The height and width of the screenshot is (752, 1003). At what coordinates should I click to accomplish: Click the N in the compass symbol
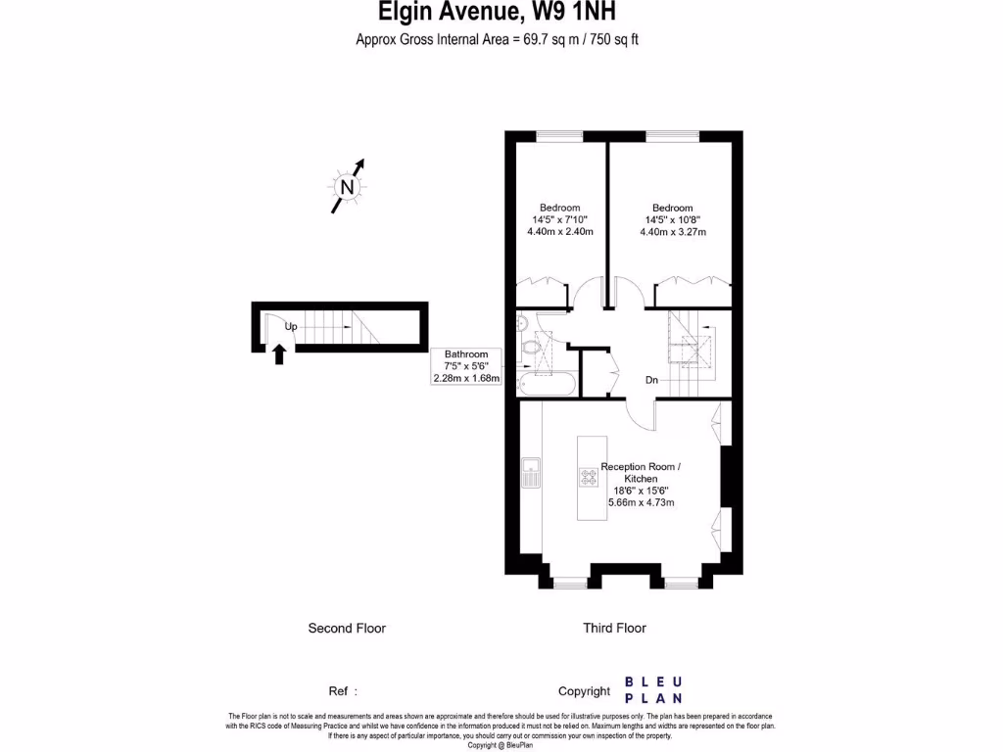click(x=346, y=187)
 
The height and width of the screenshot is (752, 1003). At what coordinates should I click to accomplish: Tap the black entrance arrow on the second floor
click(x=279, y=352)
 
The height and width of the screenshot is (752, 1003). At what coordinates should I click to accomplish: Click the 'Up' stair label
click(x=291, y=326)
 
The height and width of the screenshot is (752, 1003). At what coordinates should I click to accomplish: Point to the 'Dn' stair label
click(x=651, y=379)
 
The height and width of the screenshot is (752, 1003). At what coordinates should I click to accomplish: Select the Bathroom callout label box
click(x=466, y=366)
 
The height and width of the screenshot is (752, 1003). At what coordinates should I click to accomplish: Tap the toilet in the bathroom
click(x=534, y=346)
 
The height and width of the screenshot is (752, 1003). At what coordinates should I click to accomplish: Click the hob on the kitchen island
click(x=591, y=477)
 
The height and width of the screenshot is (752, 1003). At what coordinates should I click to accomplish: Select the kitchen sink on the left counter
click(x=530, y=472)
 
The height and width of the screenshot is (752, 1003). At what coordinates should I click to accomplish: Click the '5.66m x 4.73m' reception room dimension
click(x=641, y=502)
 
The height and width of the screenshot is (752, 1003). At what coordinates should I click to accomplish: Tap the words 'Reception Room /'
click(x=641, y=466)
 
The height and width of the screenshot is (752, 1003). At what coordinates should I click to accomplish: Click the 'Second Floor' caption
click(x=347, y=629)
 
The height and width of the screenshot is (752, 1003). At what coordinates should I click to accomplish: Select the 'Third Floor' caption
click(x=614, y=629)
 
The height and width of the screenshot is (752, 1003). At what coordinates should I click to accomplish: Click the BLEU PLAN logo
click(x=654, y=690)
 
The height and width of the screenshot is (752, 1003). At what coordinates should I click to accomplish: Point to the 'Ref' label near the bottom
click(x=339, y=691)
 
